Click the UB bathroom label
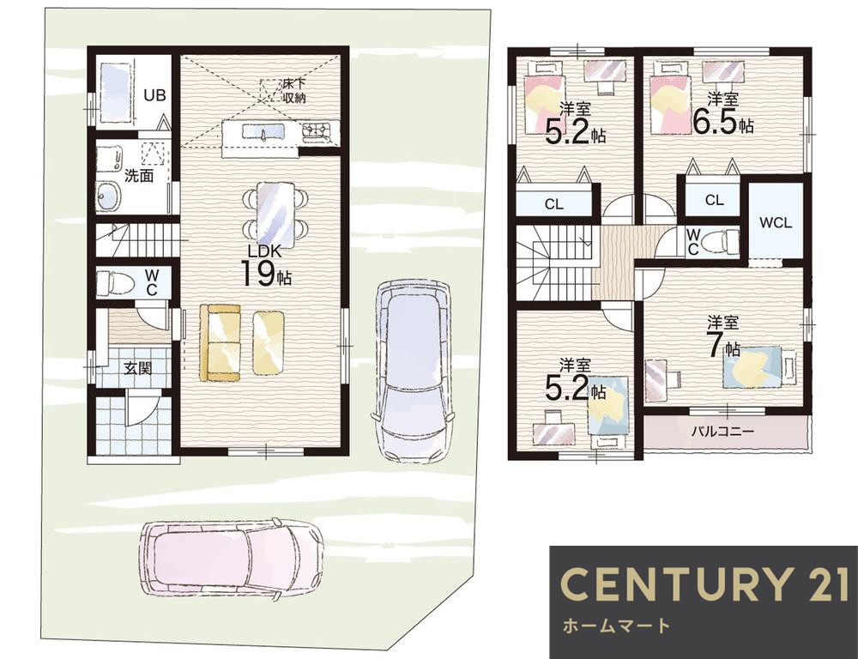pos(154,95)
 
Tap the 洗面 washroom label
pos(138,176)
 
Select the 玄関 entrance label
pos(136,368)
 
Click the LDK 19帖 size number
pos(265,275)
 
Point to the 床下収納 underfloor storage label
pos(293,91)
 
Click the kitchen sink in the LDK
pos(263,132)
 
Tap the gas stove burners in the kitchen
pos(317,130)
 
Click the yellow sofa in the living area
pos(220,342)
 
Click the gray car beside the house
pos(413,370)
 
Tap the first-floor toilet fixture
pos(116,283)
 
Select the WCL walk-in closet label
pos(776,223)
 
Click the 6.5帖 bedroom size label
pos(722,124)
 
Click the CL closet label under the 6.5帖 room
pos(714,200)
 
